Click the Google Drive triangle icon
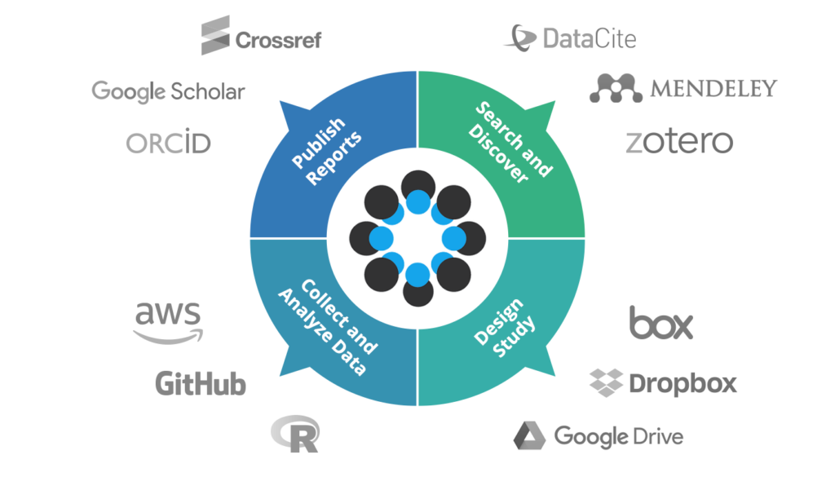(x=529, y=435)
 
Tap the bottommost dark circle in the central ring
(x=417, y=289)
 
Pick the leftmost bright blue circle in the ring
(x=382, y=237)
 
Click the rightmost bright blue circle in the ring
(x=453, y=237)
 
